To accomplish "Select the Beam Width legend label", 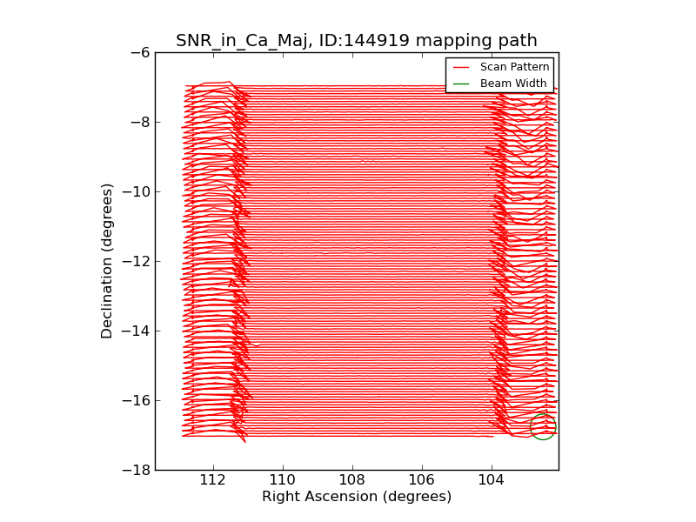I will coord(513,84).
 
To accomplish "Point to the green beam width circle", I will coord(543,426).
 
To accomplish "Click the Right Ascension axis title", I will coord(357,497).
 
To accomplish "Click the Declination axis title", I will coord(107,261).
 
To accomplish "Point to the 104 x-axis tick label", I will coord(492,479).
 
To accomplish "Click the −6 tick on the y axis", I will coord(139,52).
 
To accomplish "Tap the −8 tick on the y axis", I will coord(139,122).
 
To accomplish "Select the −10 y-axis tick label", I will coord(136,191).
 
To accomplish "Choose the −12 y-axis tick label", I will coord(136,261).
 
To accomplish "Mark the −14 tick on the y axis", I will coord(136,331).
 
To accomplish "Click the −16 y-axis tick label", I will coord(136,400).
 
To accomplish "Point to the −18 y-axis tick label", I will coord(136,470).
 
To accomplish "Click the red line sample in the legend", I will coord(461,67).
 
